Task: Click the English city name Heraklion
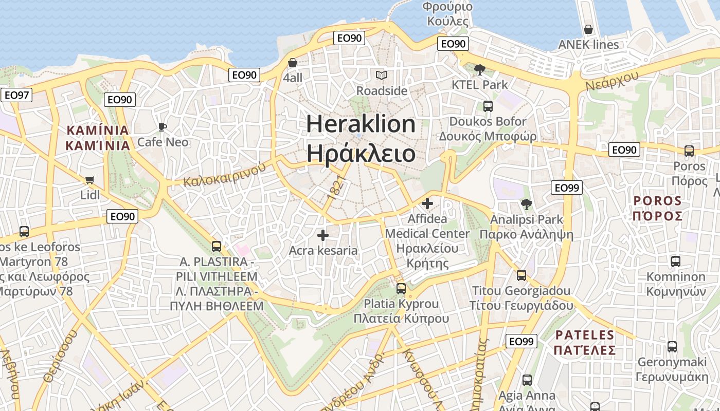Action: (361, 124)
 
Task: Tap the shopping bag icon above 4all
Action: (293, 63)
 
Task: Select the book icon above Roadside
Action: (381, 76)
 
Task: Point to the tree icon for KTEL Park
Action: (479, 69)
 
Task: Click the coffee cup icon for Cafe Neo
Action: (163, 127)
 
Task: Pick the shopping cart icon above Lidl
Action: (90, 180)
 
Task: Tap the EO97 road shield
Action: (16, 95)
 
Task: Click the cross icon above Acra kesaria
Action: (323, 235)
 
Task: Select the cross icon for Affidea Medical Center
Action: (427, 203)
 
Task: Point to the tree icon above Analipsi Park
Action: (526, 204)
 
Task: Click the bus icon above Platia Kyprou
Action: (401, 289)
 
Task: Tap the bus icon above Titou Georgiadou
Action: (521, 275)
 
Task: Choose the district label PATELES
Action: (585, 335)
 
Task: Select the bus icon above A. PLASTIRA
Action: (217, 247)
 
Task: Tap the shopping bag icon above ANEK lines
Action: (588, 29)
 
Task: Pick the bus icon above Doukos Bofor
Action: (488, 106)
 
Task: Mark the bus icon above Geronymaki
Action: (672, 347)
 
